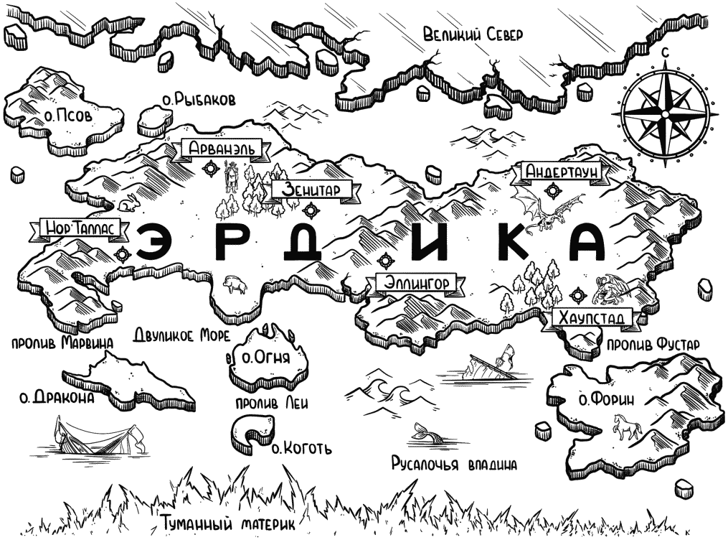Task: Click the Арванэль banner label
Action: [222, 149]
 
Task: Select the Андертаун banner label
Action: [560, 172]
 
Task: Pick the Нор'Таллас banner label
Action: [79, 228]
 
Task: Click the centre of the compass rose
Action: [665, 114]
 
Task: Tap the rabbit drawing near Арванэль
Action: [127, 203]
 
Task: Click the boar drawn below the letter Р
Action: [235, 285]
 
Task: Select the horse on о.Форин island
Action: [627, 427]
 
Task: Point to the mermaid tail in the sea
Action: [425, 434]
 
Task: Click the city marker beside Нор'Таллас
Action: [123, 254]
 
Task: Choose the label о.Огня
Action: [267, 358]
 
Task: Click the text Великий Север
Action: [473, 34]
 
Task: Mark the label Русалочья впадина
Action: [454, 464]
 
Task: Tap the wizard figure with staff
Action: [230, 177]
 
